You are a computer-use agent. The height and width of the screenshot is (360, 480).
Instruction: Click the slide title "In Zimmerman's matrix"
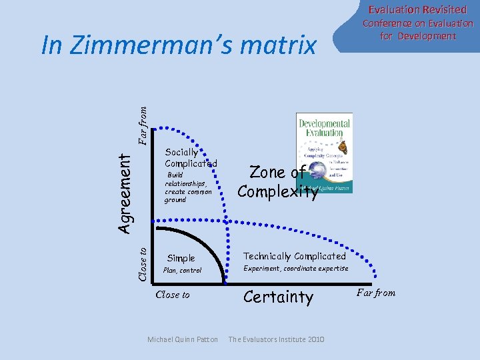[179, 46]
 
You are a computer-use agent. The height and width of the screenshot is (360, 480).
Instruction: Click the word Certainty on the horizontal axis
[278, 297]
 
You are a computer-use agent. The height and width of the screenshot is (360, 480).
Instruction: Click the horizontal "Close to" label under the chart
[172, 295]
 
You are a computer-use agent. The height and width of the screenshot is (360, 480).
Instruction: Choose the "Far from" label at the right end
[376, 293]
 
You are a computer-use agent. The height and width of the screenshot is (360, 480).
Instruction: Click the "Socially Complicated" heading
[190, 158]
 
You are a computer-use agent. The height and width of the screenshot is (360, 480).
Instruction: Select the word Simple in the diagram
[181, 258]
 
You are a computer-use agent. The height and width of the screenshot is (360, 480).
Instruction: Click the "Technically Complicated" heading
[295, 256]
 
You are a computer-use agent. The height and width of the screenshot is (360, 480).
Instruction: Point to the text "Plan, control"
[182, 271]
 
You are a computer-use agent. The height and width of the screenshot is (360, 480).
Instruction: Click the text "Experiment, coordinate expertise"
[295, 268]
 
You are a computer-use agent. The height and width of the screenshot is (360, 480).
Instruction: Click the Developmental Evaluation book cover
[324, 153]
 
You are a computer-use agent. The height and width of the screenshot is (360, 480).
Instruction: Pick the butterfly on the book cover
[341, 147]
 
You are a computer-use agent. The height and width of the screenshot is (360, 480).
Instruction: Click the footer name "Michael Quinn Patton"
[182, 339]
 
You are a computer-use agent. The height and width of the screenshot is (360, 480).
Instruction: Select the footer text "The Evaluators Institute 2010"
[276, 339]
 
